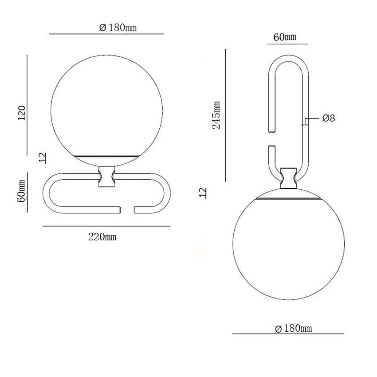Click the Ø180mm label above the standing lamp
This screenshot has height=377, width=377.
118,27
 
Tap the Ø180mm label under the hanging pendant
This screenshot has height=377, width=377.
293,328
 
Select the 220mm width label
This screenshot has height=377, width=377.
102,237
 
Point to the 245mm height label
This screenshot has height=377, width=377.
216,115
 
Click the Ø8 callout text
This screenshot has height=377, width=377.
328,118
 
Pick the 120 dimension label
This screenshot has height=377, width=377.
22,113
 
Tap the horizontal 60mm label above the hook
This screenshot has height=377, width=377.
285,37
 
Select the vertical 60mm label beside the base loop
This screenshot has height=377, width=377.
21,191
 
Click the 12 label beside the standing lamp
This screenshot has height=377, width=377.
42,158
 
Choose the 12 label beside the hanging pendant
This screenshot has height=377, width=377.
203,193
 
